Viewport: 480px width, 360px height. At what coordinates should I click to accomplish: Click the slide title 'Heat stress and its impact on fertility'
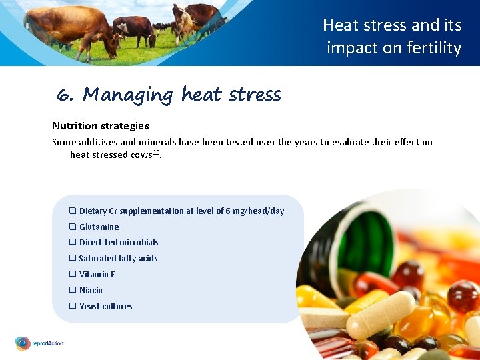(393, 37)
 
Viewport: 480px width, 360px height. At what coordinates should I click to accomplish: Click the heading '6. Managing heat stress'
(169, 95)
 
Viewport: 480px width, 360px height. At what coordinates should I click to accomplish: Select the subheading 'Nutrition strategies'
(101, 125)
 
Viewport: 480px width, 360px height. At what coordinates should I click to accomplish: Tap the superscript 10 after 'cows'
(157, 152)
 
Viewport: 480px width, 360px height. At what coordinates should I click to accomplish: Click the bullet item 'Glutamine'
(99, 227)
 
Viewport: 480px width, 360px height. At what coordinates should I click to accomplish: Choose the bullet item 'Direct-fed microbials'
(118, 243)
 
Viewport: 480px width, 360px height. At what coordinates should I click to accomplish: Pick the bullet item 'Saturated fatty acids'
(118, 259)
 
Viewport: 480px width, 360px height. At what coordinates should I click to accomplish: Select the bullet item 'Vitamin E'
(97, 275)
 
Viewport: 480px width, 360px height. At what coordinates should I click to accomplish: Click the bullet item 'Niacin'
(91, 291)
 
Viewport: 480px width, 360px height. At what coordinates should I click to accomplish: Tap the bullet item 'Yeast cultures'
(105, 307)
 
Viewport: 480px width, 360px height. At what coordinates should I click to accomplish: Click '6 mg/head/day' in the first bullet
(255, 211)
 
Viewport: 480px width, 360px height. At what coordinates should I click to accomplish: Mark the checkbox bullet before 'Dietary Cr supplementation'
(72, 211)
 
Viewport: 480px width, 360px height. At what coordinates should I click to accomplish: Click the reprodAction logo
(40, 343)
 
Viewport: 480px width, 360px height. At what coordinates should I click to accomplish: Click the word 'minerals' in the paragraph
(157, 142)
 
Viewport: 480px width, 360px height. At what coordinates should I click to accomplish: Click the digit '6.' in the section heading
(65, 95)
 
